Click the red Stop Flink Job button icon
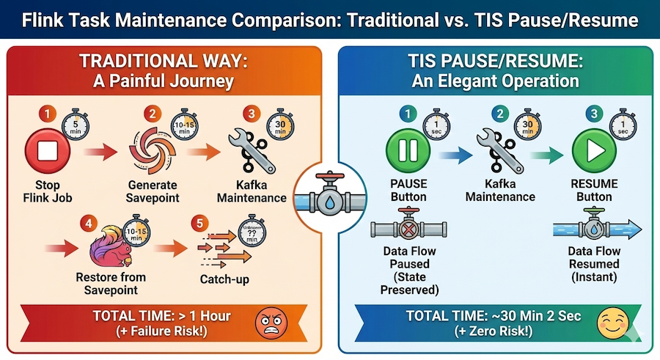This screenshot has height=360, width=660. [48, 151]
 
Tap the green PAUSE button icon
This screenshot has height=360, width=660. [408, 150]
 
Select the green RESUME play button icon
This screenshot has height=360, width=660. [594, 150]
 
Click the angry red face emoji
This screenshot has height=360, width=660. [271, 323]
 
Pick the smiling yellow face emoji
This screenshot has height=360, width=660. [613, 323]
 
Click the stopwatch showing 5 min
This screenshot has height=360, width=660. [76, 125]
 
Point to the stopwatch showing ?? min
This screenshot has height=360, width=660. [252, 231]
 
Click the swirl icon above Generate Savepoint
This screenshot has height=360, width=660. [152, 151]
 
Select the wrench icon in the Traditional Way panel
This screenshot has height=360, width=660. [252, 152]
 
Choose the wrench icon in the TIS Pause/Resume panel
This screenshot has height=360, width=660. [499, 152]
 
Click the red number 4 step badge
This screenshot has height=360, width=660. [89, 223]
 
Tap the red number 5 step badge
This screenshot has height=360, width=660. [199, 223]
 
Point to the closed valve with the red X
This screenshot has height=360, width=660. [408, 228]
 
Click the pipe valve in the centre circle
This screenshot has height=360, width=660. [330, 197]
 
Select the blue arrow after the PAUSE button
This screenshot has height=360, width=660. [455, 155]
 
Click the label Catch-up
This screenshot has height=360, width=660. [224, 279]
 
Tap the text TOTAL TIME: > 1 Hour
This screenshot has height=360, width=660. [161, 316]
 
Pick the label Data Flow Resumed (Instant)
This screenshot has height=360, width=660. [594, 264]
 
